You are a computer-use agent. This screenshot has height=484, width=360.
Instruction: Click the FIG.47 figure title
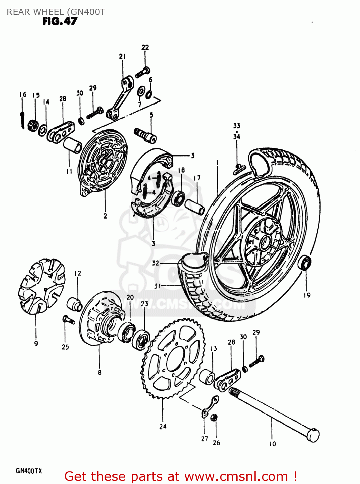click(x=60, y=21)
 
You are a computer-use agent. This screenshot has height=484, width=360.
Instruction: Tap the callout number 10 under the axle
click(x=273, y=444)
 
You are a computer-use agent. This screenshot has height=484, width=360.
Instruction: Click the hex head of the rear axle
click(x=313, y=435)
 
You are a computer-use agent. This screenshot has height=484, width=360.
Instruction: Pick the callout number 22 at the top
click(x=145, y=47)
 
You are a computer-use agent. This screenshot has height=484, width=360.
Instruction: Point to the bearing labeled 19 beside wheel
click(x=305, y=263)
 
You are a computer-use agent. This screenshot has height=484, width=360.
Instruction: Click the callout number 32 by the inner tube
click(x=156, y=263)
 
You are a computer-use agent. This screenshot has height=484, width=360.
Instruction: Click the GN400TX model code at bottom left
click(x=29, y=471)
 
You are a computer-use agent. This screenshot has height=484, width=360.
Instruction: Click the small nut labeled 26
click(x=213, y=418)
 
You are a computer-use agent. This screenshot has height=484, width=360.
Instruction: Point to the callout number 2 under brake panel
click(x=105, y=216)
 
